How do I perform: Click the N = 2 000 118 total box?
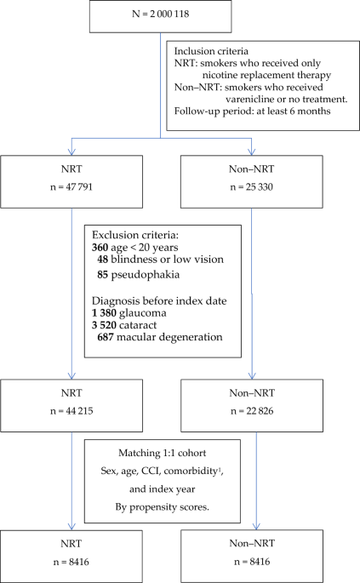160,16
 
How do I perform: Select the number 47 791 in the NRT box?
79,186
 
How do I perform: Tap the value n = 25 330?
251,186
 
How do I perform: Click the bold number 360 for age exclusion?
100,248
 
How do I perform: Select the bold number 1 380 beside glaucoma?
104,313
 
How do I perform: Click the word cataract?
138,325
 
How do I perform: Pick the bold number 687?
106,337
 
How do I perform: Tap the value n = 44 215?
71,411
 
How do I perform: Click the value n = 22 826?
252,411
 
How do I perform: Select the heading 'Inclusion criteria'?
211,51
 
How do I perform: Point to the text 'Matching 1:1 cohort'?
163,453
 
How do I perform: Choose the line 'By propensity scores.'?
163,507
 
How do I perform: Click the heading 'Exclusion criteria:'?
135,235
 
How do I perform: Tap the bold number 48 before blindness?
103,260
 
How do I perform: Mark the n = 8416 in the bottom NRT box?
71,562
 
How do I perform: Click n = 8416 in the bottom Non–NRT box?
252,562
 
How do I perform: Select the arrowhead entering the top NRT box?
71,151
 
